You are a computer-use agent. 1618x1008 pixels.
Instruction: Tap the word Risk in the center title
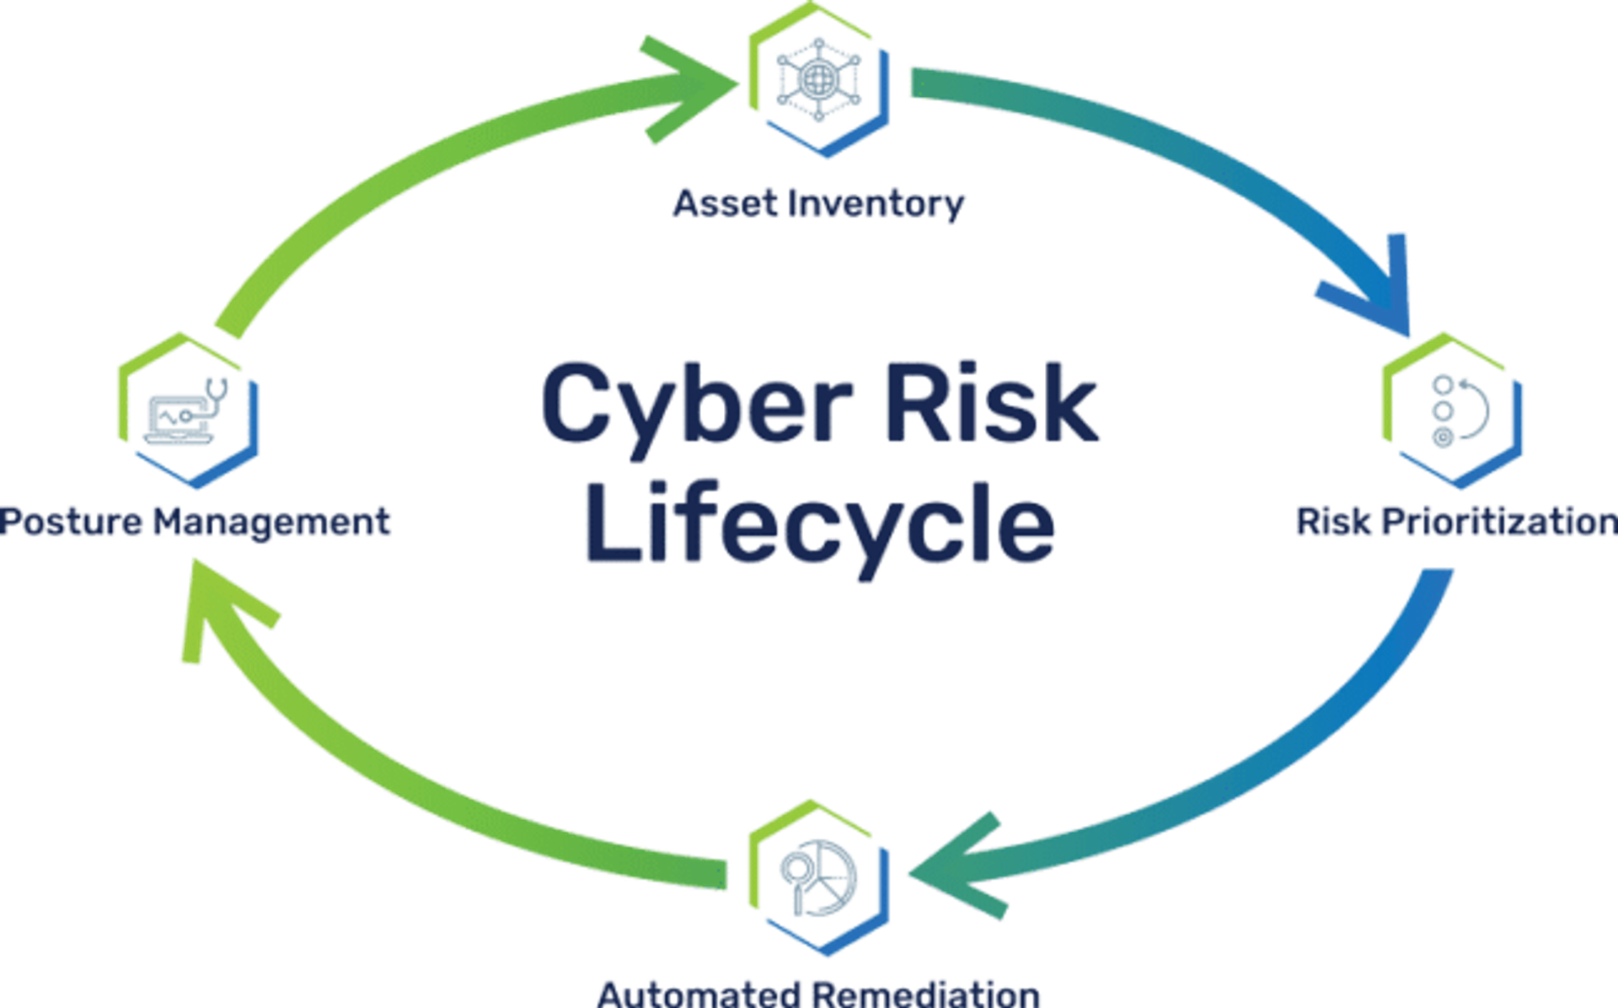pyautogui.click(x=992, y=402)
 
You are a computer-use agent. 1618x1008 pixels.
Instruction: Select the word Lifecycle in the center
pyautogui.click(x=819, y=525)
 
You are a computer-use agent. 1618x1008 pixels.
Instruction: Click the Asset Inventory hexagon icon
pyautogui.click(x=819, y=80)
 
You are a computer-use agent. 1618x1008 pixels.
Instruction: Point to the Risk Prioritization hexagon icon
pyautogui.click(x=1452, y=410)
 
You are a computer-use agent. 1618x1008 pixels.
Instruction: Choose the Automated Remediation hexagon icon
pyautogui.click(x=819, y=877)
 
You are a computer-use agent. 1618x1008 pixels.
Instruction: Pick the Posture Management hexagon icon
pyautogui.click(x=188, y=410)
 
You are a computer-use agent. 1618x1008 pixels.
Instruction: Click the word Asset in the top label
pyautogui.click(x=726, y=203)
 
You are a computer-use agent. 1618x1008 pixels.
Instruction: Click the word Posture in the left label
pyautogui.click(x=71, y=522)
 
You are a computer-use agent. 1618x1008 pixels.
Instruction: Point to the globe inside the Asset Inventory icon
pyautogui.click(x=817, y=81)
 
